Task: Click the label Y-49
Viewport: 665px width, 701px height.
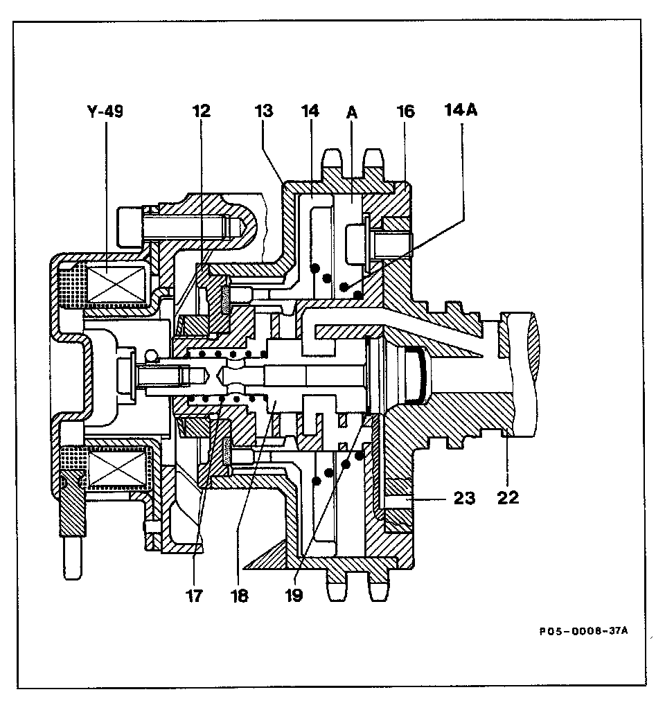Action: click(x=105, y=112)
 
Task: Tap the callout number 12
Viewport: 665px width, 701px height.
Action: click(x=202, y=112)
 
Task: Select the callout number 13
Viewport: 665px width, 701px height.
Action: click(x=263, y=112)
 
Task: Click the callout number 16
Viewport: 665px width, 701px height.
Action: click(x=405, y=112)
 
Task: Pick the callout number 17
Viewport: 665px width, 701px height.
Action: click(x=195, y=595)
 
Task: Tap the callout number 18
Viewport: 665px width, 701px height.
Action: click(x=240, y=595)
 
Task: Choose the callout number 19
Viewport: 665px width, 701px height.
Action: click(x=294, y=595)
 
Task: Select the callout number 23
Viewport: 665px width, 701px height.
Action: click(x=465, y=497)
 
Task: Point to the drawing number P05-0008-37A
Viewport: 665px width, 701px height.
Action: click(x=583, y=632)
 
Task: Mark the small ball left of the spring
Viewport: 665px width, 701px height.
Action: click(x=150, y=355)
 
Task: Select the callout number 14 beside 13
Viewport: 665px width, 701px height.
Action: click(x=309, y=112)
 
